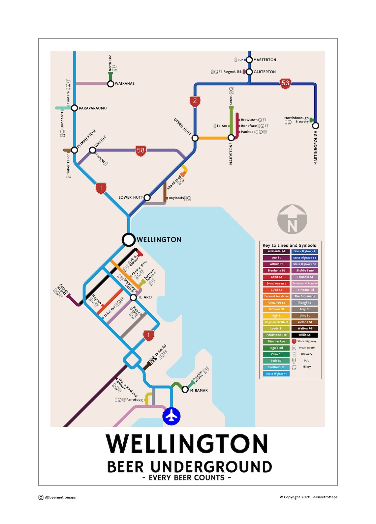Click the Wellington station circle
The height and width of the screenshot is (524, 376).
[129, 240]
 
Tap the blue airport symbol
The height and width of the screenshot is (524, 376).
[171, 416]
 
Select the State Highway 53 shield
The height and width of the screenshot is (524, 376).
[285, 83]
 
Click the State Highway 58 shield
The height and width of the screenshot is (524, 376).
[141, 151]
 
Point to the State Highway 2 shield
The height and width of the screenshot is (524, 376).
[195, 101]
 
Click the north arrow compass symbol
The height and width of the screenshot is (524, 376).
[292, 219]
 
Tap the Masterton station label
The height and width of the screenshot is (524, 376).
[265, 60]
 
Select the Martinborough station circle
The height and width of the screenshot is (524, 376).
[316, 125]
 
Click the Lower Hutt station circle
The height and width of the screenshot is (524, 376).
[147, 198]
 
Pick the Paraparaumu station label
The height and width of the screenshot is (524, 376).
[93, 108]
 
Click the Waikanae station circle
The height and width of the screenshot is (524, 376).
[111, 84]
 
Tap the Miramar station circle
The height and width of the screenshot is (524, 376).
[185, 390]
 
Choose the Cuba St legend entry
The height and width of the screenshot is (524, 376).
[276, 290]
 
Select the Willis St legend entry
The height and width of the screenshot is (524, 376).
[304, 335]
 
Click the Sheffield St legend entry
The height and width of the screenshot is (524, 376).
[276, 367]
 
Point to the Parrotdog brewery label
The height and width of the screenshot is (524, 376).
[134, 400]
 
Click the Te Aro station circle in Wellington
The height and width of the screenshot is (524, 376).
[133, 297]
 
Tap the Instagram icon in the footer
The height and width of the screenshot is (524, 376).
[41, 497]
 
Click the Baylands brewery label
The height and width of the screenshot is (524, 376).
[176, 198]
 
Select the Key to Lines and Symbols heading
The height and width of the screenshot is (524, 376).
[289, 245]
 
